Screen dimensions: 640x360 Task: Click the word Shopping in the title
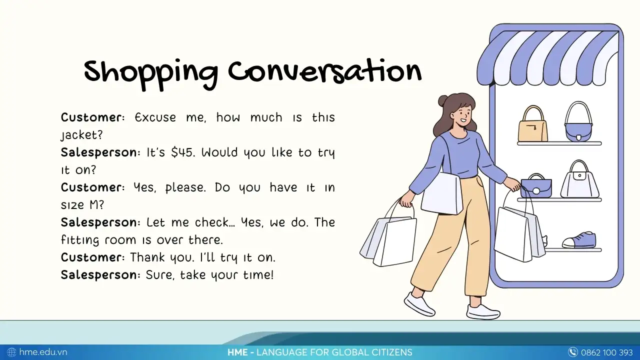pyautogui.click(x=151, y=75)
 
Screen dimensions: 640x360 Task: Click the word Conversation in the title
pyautogui.click(x=325, y=71)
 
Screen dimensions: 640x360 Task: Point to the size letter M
pyautogui.click(x=94, y=204)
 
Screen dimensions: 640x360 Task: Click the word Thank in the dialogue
pyautogui.click(x=147, y=257)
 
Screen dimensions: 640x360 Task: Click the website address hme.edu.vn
pyautogui.click(x=43, y=352)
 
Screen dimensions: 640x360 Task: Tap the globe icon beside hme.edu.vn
pyautogui.click(x=11, y=352)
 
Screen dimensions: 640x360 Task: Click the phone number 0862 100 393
pyautogui.click(x=606, y=352)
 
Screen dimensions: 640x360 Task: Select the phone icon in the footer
pyautogui.click(x=572, y=352)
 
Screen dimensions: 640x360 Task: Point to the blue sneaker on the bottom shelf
pyautogui.click(x=579, y=240)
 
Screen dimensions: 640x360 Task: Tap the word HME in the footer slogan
pyautogui.click(x=237, y=352)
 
